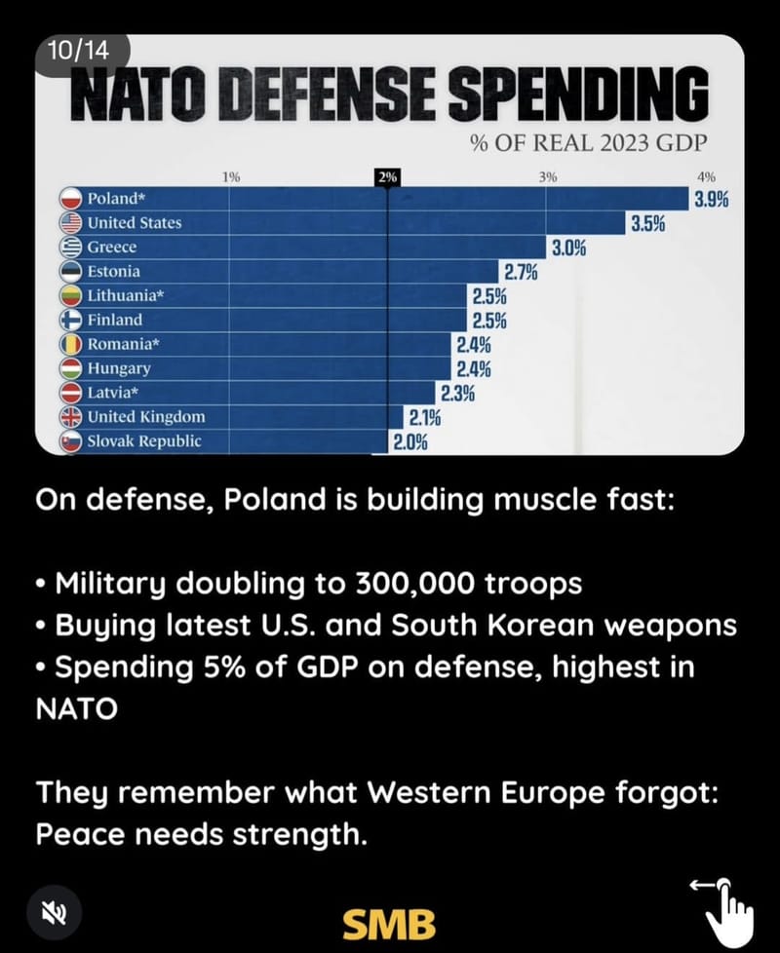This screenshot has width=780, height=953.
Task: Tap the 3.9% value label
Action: (711, 200)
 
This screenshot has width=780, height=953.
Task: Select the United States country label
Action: (135, 223)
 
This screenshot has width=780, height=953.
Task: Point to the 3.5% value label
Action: (647, 224)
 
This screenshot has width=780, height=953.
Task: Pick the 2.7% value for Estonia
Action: (521, 272)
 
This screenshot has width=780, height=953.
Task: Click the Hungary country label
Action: (119, 368)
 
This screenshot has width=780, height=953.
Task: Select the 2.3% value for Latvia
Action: (457, 394)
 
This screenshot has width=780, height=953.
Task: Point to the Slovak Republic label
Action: (144, 441)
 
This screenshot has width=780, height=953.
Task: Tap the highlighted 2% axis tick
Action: (388, 177)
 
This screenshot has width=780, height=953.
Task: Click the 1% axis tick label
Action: (231, 177)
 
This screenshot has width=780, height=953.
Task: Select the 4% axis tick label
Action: (707, 177)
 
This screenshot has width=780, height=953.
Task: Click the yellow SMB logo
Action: (389, 921)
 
